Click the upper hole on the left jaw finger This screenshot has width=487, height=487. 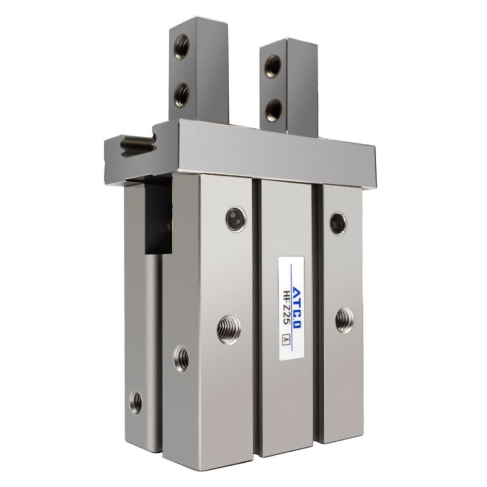182,47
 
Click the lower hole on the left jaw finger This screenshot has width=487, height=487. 182,95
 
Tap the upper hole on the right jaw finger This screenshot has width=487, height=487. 273,66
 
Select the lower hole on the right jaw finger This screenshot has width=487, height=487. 273,110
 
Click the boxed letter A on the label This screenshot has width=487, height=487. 286,340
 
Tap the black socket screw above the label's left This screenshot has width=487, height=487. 236,219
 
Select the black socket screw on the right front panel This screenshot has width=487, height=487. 338,224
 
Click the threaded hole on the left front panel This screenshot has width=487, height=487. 229,330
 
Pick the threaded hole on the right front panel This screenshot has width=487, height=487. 344,320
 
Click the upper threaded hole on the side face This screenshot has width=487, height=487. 181,359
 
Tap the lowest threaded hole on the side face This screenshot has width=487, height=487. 136,402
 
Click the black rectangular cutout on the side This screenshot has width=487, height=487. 158,219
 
